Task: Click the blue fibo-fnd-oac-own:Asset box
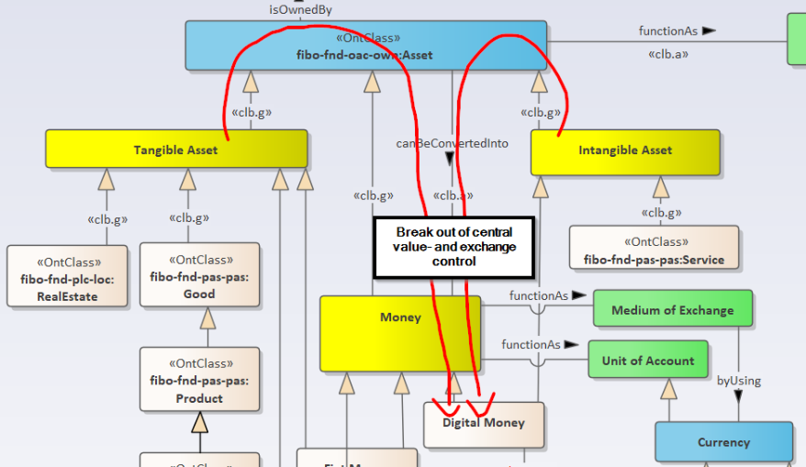[365, 46]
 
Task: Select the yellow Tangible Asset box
[176, 149]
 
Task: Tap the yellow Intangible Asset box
[625, 150]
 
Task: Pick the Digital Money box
[484, 424]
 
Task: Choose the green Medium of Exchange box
[673, 310]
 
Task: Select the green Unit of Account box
[648, 361]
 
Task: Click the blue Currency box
[723, 442]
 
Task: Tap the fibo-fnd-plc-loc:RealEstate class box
[66, 275]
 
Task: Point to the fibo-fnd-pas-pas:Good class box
[199, 274]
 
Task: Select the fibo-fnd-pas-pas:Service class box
[654, 250]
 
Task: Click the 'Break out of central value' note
[454, 247]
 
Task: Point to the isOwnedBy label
[300, 9]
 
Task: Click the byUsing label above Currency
[739, 381]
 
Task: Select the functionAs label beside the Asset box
[667, 31]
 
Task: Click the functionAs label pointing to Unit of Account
[531, 345]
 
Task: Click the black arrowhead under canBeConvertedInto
[451, 159]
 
